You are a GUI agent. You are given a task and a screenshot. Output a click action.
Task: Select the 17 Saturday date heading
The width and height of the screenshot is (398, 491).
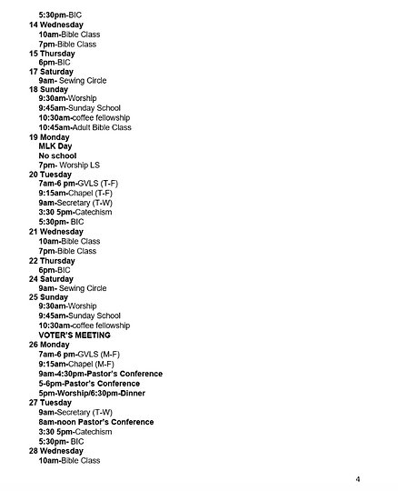(51, 71)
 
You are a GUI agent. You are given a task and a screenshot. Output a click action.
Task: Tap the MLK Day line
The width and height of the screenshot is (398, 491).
(55, 145)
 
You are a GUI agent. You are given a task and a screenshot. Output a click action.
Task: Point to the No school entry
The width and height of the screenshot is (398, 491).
(57, 155)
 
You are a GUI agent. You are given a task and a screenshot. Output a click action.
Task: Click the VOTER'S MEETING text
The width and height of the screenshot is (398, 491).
(74, 335)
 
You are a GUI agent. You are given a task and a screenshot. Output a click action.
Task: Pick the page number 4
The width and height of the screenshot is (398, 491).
(357, 479)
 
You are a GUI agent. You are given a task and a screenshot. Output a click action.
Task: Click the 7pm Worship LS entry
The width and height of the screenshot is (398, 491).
(69, 165)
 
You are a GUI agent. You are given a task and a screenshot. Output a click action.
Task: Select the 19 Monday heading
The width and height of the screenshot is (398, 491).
(49, 136)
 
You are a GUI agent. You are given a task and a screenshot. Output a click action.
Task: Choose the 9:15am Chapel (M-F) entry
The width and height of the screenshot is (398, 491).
(76, 364)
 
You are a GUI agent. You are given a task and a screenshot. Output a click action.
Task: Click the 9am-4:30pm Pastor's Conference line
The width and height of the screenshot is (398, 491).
(100, 373)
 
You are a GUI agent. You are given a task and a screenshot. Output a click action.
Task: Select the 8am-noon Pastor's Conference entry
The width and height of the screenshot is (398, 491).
(95, 422)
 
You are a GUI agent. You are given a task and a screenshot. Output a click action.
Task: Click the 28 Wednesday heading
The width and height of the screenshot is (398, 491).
(56, 450)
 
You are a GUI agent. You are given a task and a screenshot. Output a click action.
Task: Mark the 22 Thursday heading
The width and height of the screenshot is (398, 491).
(53, 260)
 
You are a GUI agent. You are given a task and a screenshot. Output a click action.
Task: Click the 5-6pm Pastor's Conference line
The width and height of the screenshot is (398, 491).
(89, 383)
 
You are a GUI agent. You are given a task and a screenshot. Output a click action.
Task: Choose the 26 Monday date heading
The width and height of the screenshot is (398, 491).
(49, 345)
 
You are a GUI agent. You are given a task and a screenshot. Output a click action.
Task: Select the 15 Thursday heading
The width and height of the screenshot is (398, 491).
(53, 53)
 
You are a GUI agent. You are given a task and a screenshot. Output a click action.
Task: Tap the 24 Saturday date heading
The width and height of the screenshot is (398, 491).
(51, 278)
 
